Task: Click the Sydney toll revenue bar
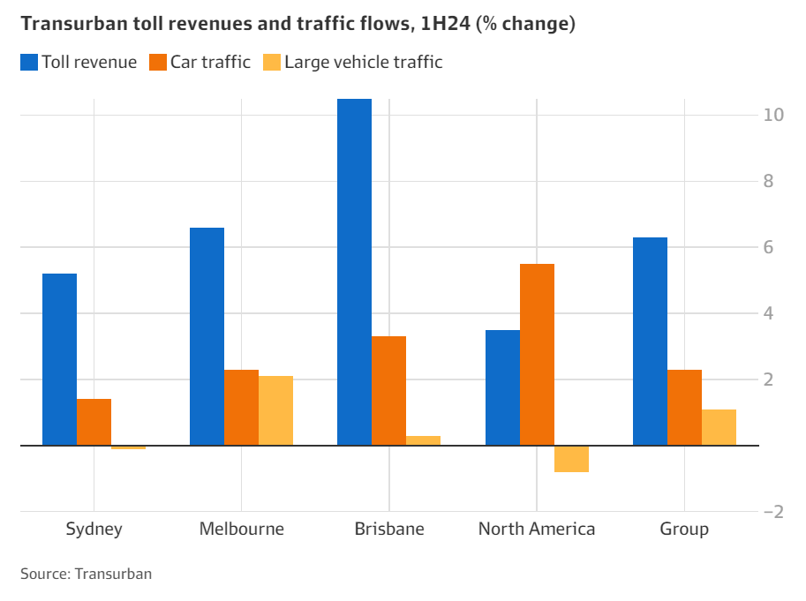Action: click(x=59, y=359)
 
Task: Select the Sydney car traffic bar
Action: click(x=94, y=422)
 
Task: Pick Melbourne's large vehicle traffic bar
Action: click(x=275, y=410)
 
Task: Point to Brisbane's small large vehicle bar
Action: click(x=423, y=440)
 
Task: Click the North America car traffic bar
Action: click(x=537, y=355)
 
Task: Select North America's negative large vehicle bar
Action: click(x=571, y=459)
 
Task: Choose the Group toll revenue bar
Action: click(x=650, y=342)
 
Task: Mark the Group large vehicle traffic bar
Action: click(x=719, y=427)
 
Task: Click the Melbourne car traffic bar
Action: click(x=241, y=408)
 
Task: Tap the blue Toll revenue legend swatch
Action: click(x=29, y=62)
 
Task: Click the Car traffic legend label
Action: click(x=211, y=62)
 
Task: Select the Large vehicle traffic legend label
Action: click(x=363, y=62)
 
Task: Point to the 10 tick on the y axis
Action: click(x=773, y=115)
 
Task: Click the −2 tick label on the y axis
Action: click(x=773, y=512)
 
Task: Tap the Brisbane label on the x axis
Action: click(x=389, y=530)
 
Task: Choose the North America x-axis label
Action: click(x=537, y=530)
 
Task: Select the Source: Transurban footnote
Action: click(x=87, y=574)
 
